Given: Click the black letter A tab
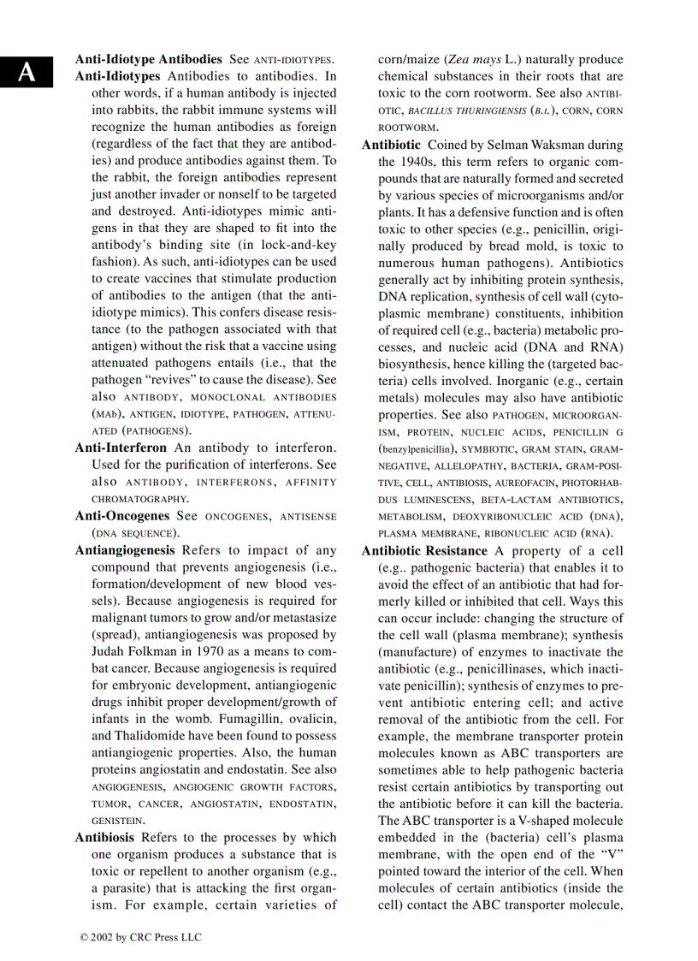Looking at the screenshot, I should [x=27, y=73].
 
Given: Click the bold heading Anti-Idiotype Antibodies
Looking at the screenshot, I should [x=149, y=60].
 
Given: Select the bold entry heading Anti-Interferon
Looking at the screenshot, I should [x=121, y=448].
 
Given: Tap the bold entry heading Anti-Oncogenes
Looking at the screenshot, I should [x=122, y=516].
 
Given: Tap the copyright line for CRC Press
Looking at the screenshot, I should [x=140, y=937].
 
